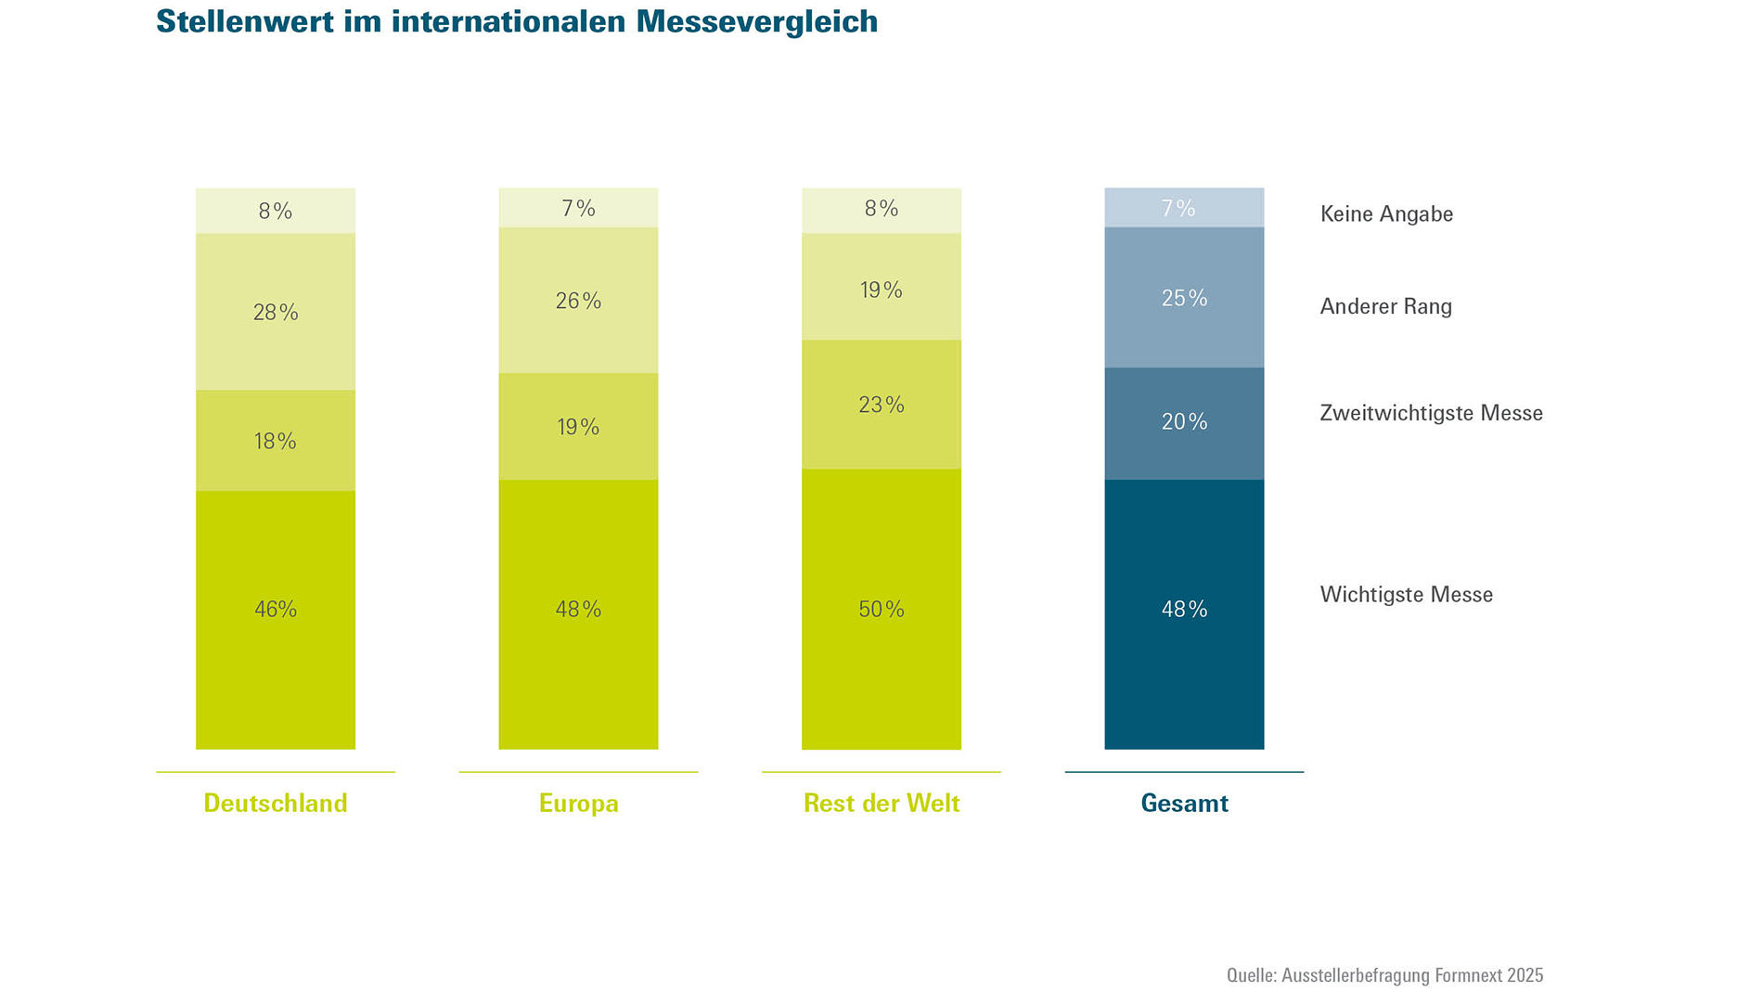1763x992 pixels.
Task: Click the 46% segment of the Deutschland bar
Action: tap(276, 619)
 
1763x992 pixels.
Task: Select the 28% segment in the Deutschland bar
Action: tap(276, 312)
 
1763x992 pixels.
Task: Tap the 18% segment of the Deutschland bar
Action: tap(276, 441)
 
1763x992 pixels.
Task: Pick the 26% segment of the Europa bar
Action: tap(578, 301)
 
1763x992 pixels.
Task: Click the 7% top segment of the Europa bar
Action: tap(578, 208)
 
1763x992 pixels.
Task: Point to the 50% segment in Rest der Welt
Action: tap(881, 610)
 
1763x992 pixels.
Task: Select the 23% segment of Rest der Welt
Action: tap(881, 405)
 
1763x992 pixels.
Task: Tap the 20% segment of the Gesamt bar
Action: tap(1184, 423)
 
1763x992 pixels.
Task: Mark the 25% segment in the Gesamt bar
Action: tap(1184, 298)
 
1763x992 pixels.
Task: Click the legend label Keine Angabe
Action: tap(1386, 214)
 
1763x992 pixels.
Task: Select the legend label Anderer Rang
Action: tap(1385, 307)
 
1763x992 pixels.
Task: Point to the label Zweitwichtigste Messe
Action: tap(1431, 414)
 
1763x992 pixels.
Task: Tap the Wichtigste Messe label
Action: tap(1406, 595)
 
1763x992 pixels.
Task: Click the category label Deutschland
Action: tap(276, 804)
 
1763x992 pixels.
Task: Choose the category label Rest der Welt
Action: tap(881, 804)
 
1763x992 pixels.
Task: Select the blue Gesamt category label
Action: tap(1184, 804)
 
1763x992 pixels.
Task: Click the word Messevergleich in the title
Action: tap(756, 21)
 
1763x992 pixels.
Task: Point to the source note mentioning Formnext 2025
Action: tap(1384, 975)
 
